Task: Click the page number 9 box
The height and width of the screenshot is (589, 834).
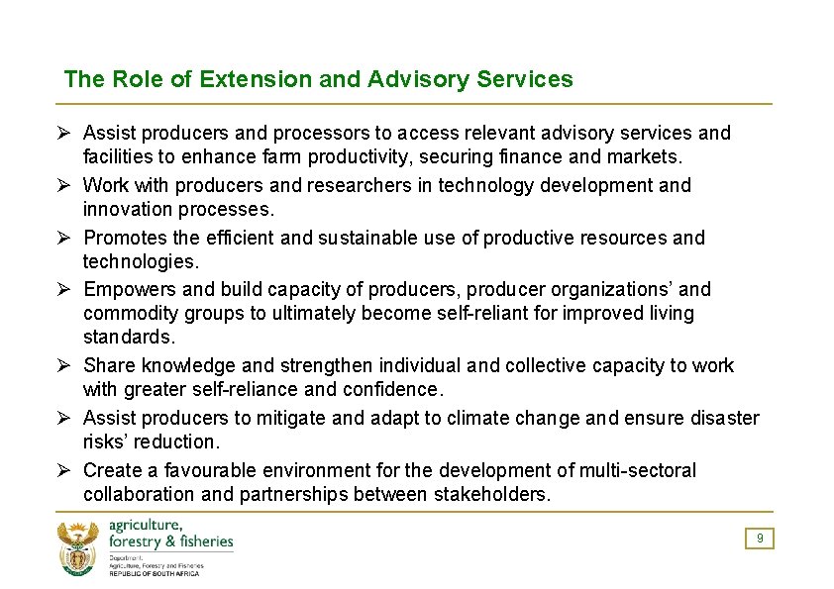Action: click(x=760, y=539)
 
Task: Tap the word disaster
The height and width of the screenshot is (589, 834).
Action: click(x=720, y=418)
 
